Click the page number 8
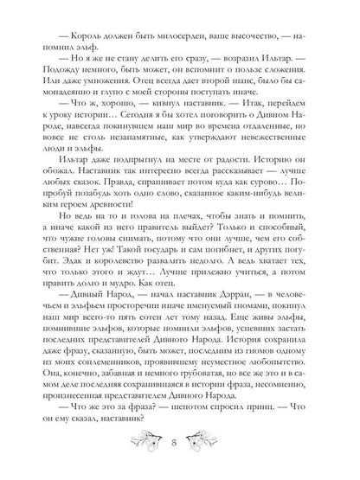pos(181,446)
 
